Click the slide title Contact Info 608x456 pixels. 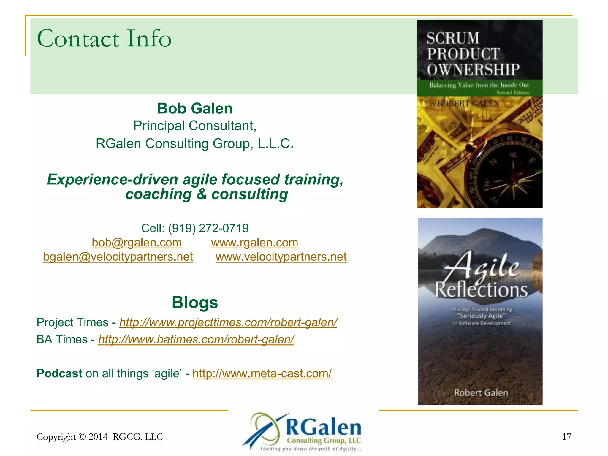tap(104, 39)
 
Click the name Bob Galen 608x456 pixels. tap(195, 108)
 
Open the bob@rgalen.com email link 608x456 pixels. tap(137, 243)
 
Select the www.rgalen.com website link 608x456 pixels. tap(254, 243)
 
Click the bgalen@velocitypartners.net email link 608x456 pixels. tap(118, 257)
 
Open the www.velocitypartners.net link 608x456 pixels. tap(281, 257)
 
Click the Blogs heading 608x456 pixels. tap(195, 303)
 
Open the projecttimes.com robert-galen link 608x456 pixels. tap(228, 322)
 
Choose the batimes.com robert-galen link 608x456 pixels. tap(196, 339)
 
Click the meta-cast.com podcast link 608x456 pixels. tap(262, 373)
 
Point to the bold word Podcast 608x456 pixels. tap(59, 373)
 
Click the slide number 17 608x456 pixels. tap(566, 437)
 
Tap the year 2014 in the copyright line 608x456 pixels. tap(98, 437)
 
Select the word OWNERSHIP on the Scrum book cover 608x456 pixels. tap(473, 70)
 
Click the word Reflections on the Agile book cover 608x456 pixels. tap(481, 290)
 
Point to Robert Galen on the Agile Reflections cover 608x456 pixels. tap(481, 393)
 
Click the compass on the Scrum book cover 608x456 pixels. tap(505, 172)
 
